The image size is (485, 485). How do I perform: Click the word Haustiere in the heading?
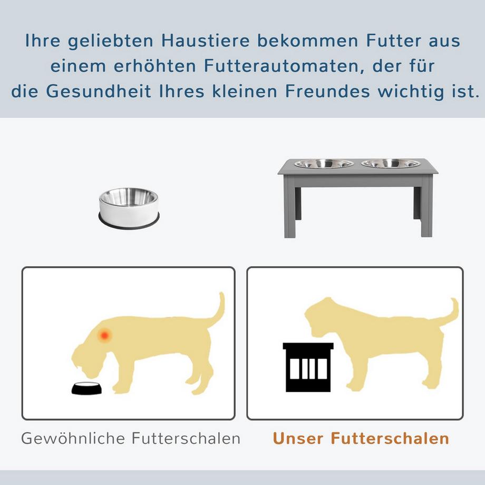click(x=191, y=42)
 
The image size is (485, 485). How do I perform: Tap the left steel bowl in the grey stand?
click(x=324, y=164)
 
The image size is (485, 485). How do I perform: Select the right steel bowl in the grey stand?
click(x=391, y=164)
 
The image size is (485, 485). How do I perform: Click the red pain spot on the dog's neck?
click(x=105, y=334)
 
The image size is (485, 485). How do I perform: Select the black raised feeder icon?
click(x=308, y=367)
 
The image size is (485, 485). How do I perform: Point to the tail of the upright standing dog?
click(x=451, y=313)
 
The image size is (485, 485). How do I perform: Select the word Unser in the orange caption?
click(x=297, y=439)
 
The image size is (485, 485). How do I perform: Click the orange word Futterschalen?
click(x=390, y=439)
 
